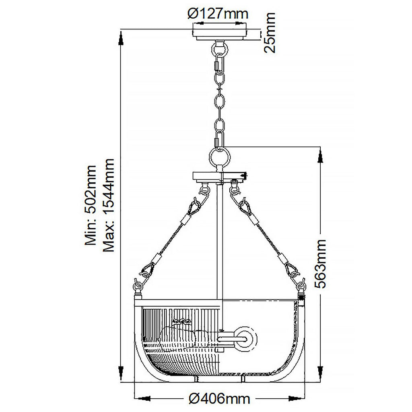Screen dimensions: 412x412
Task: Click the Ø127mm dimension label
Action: [218, 14]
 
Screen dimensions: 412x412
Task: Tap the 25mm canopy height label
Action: [269, 33]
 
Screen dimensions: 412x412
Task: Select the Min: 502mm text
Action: [90, 205]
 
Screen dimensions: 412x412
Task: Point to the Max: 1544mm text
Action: [109, 205]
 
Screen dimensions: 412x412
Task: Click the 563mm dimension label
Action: [320, 264]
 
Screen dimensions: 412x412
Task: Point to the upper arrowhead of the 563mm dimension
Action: [321, 155]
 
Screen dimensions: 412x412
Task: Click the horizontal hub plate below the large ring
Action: [219, 176]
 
